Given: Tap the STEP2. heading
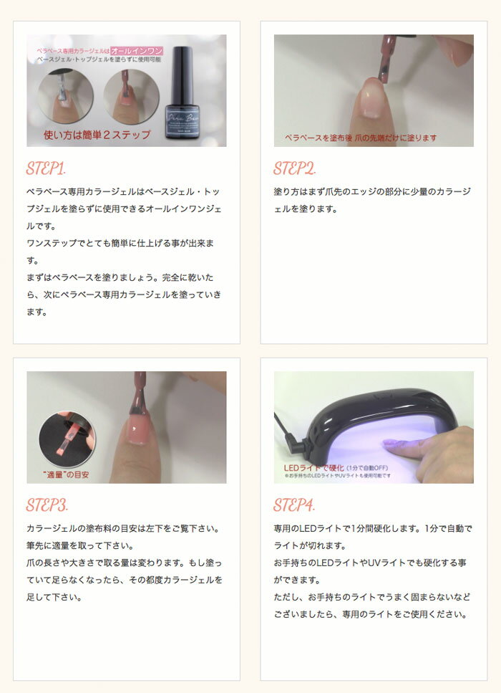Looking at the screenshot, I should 294,169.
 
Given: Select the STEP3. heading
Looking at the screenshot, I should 47,505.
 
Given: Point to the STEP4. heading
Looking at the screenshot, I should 294,505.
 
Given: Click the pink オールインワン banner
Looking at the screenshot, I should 137,51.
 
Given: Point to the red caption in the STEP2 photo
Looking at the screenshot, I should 360,137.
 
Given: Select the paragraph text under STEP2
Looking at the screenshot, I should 372,200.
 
